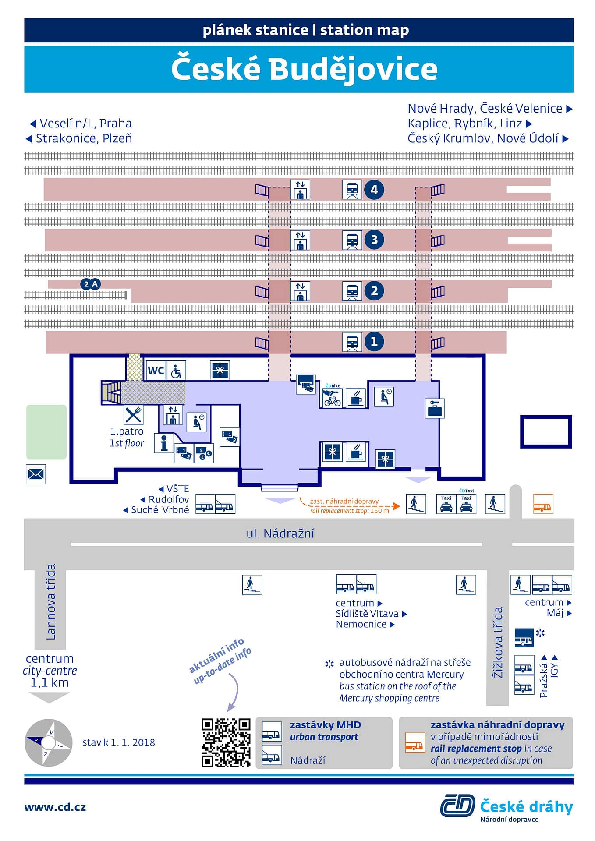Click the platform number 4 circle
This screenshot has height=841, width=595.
pyautogui.click(x=374, y=190)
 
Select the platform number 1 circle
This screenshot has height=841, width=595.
pyautogui.click(x=374, y=342)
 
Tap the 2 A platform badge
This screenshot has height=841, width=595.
pyautogui.click(x=91, y=284)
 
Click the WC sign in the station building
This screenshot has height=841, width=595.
pyautogui.click(x=156, y=371)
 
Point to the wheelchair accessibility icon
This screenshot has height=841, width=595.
pyautogui.click(x=176, y=371)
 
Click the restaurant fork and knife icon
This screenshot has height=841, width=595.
pyautogui.click(x=133, y=414)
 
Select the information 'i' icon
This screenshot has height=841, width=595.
pyautogui.click(x=164, y=443)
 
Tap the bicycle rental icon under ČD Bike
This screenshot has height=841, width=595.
pyautogui.click(x=332, y=399)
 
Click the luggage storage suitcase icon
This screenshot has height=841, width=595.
pyautogui.click(x=435, y=408)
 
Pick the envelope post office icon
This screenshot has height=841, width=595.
pyautogui.click(x=36, y=474)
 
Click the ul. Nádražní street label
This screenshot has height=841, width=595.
pyautogui.click(x=280, y=534)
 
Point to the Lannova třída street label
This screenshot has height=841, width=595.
pyautogui.click(x=51, y=602)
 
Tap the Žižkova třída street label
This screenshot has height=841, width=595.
pyautogui.click(x=498, y=643)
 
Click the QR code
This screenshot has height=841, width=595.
pyautogui.click(x=226, y=743)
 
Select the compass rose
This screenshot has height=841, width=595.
pyautogui.click(x=49, y=743)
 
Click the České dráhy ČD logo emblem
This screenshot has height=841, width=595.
pyautogui.click(x=457, y=806)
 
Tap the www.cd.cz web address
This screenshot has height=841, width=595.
pyautogui.click(x=55, y=807)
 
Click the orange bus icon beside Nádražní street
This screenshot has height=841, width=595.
pyautogui.click(x=543, y=504)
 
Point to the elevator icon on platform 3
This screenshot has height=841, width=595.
pyautogui.click(x=300, y=240)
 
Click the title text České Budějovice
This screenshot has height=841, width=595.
pyautogui.click(x=305, y=69)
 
